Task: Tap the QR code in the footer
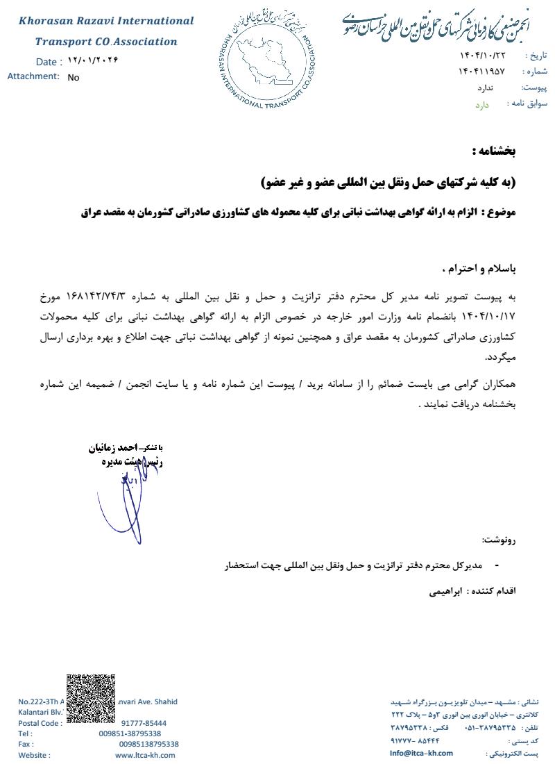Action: point(90,699)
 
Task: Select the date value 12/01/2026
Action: point(94,60)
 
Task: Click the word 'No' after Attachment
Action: point(74,78)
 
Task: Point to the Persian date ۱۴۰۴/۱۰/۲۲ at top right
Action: point(482,55)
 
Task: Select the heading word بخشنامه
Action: point(494,151)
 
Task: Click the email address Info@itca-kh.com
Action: point(421,753)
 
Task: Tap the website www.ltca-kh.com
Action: point(145,755)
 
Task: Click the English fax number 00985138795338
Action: point(148,744)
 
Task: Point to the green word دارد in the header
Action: point(482,105)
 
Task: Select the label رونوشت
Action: point(499,540)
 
